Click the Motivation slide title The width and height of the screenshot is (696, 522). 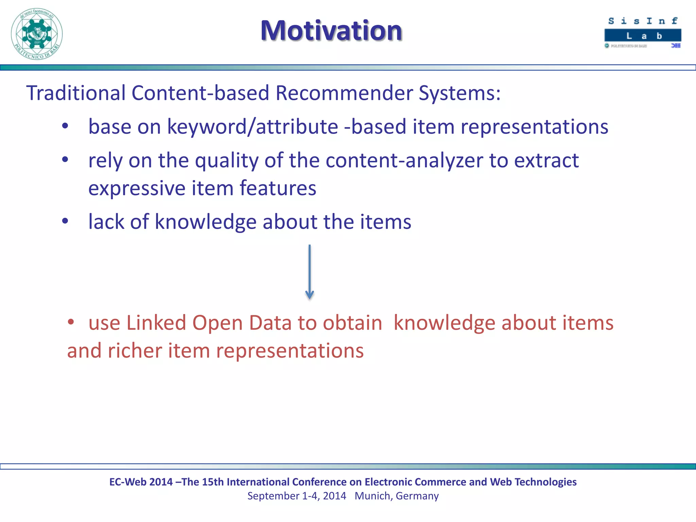(x=331, y=31)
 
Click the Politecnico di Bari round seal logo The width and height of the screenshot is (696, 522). (x=37, y=34)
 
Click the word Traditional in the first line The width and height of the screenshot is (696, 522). (x=76, y=93)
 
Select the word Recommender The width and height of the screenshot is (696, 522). (x=344, y=93)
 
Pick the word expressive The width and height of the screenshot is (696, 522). (x=137, y=188)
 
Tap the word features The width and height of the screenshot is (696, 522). (x=278, y=188)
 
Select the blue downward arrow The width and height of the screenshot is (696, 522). (x=309, y=272)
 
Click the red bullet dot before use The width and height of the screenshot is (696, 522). (x=71, y=322)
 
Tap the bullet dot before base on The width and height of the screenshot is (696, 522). (x=65, y=126)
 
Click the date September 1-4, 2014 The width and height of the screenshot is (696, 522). (x=296, y=496)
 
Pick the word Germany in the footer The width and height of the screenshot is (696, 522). (x=417, y=496)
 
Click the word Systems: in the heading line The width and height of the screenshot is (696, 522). (x=459, y=93)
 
